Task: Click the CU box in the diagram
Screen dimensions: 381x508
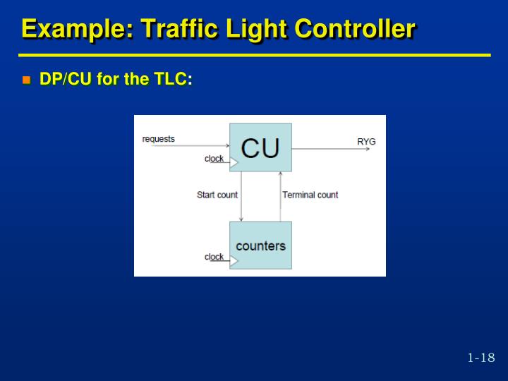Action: (x=260, y=147)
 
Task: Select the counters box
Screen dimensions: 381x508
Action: (x=260, y=246)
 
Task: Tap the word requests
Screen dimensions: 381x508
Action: (x=159, y=139)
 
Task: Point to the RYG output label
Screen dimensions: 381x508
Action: (x=366, y=142)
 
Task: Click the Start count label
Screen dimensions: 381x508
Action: (x=217, y=195)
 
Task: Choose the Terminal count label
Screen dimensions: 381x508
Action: (x=310, y=195)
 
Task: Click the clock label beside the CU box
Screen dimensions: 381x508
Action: (x=214, y=159)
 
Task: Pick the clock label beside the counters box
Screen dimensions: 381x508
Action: (x=214, y=257)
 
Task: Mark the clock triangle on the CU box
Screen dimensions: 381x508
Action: (x=234, y=162)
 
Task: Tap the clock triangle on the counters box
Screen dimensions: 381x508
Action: (x=234, y=260)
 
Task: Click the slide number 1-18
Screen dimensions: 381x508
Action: (x=481, y=358)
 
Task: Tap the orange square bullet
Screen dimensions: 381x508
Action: (x=27, y=80)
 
